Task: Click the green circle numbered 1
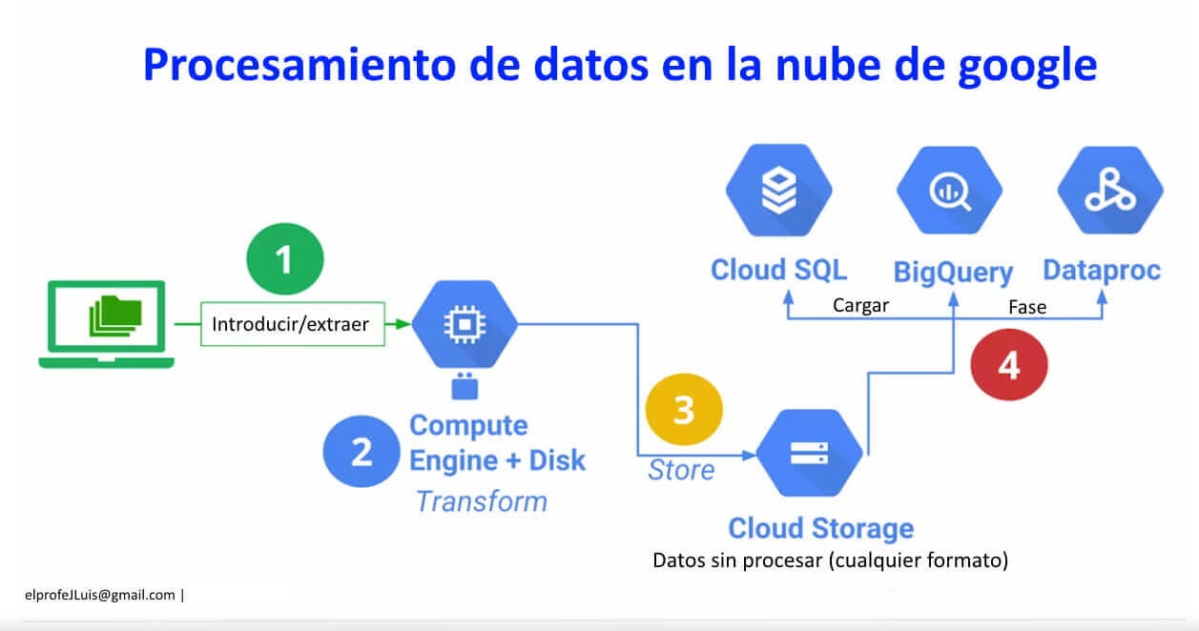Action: pyautogui.click(x=284, y=258)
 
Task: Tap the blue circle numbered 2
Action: pyautogui.click(x=362, y=453)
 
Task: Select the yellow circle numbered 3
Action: pyautogui.click(x=684, y=410)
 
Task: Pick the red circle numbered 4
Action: pyautogui.click(x=1008, y=365)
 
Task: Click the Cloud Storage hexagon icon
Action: pyautogui.click(x=811, y=452)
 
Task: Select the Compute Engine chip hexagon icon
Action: pyautogui.click(x=465, y=325)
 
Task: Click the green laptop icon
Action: pyautogui.click(x=107, y=324)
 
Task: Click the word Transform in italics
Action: pyautogui.click(x=482, y=501)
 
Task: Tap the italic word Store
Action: pyautogui.click(x=681, y=470)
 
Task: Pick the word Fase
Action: pyautogui.click(x=1027, y=307)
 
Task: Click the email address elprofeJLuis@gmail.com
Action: pyautogui.click(x=100, y=595)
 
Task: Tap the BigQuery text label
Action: pyautogui.click(x=952, y=272)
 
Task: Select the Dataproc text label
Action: pyautogui.click(x=1102, y=271)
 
